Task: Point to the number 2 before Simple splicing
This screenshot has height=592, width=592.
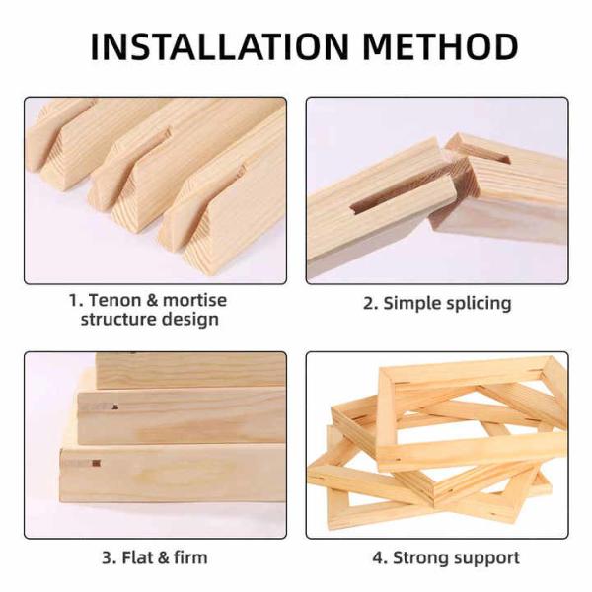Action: pyautogui.click(x=368, y=304)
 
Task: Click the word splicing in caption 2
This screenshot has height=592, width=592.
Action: pyautogui.click(x=478, y=304)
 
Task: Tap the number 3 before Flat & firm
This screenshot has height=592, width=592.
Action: pyautogui.click(x=107, y=557)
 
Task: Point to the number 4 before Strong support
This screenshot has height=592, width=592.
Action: pyautogui.click(x=377, y=557)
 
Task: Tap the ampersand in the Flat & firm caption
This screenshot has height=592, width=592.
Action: pyautogui.click(x=163, y=557)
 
